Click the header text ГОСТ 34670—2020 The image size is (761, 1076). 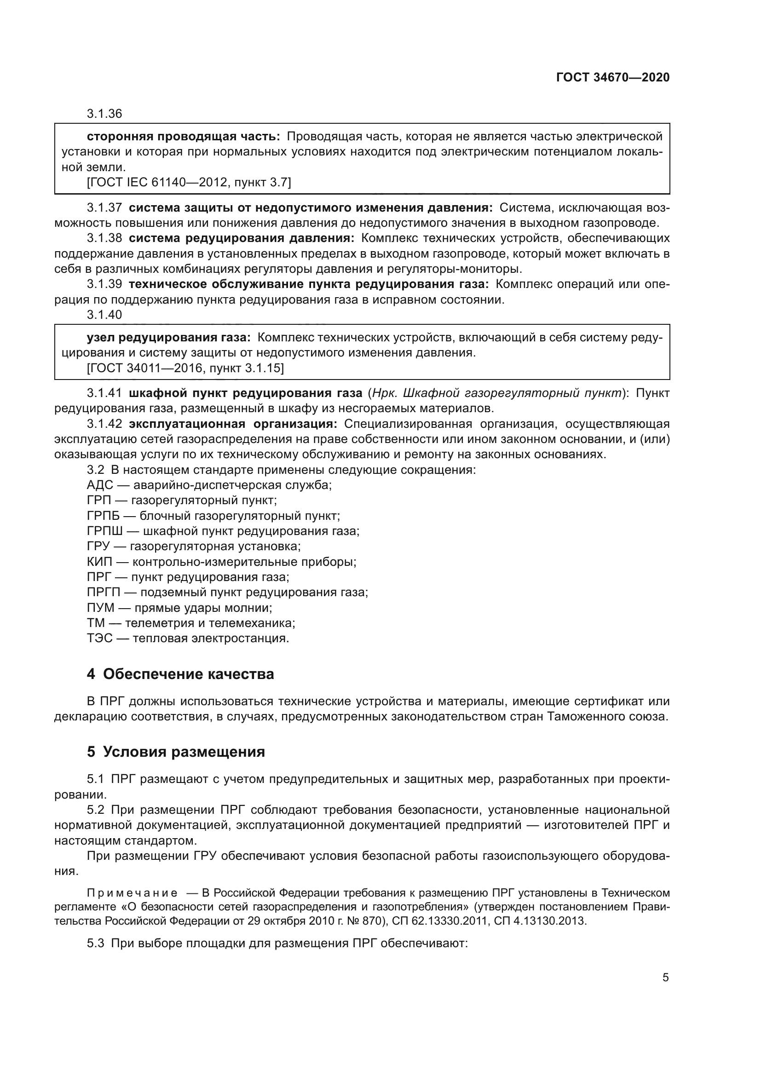[612, 77]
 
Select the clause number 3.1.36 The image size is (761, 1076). [104, 114]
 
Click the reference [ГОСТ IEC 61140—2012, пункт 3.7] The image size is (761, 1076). [188, 182]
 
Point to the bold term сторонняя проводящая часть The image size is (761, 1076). [183, 136]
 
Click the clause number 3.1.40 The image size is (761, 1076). [104, 315]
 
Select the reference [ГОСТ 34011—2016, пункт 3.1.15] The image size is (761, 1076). [185, 368]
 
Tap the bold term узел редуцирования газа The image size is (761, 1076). [169, 337]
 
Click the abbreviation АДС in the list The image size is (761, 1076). [100, 484]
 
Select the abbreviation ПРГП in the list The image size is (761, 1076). [104, 593]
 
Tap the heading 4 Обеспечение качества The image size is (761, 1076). [180, 674]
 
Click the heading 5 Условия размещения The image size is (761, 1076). [176, 752]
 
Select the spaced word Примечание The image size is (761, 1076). [132, 892]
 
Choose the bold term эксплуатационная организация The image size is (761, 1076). [233, 424]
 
